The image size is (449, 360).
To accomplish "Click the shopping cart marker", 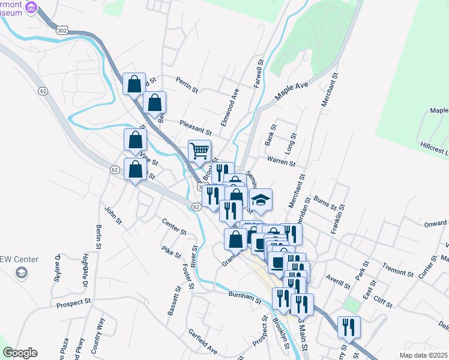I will (199, 151).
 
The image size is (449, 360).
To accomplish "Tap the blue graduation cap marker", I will (261, 200).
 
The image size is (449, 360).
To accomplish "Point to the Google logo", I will (20, 353).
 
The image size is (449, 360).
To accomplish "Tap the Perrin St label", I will (187, 85).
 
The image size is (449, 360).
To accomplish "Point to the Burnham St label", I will (244, 296).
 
